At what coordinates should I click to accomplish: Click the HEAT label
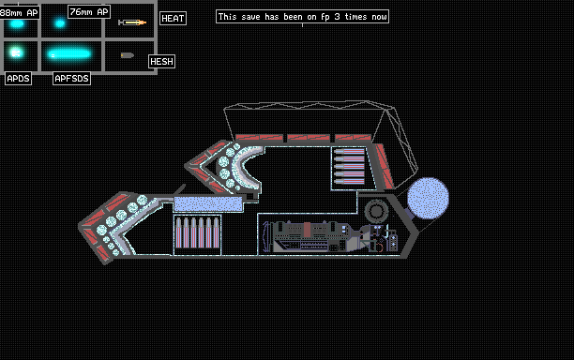[173, 19]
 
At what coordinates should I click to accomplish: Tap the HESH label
[161, 62]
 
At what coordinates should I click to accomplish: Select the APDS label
[19, 79]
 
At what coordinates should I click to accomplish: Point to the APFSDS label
[71, 79]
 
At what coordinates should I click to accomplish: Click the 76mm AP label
[89, 11]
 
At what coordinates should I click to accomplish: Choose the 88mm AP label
[19, 13]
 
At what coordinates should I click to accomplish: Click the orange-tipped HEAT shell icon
[132, 22]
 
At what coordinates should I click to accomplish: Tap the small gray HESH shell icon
[128, 55]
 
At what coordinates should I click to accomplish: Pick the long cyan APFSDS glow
[69, 54]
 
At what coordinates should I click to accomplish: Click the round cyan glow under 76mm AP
[60, 23]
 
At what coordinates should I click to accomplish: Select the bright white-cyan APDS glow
[16, 52]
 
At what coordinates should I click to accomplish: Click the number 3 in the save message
[337, 17]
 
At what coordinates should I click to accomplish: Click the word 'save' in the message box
[250, 17]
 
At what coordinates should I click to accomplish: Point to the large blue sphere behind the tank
[428, 199]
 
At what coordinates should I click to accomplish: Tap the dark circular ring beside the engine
[376, 211]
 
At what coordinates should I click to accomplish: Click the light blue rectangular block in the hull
[208, 203]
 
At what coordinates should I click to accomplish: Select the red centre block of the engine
[307, 230]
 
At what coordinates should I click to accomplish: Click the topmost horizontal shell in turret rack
[349, 152]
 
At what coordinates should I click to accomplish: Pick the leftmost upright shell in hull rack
[178, 232]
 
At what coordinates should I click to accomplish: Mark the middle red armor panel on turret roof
[309, 138]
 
